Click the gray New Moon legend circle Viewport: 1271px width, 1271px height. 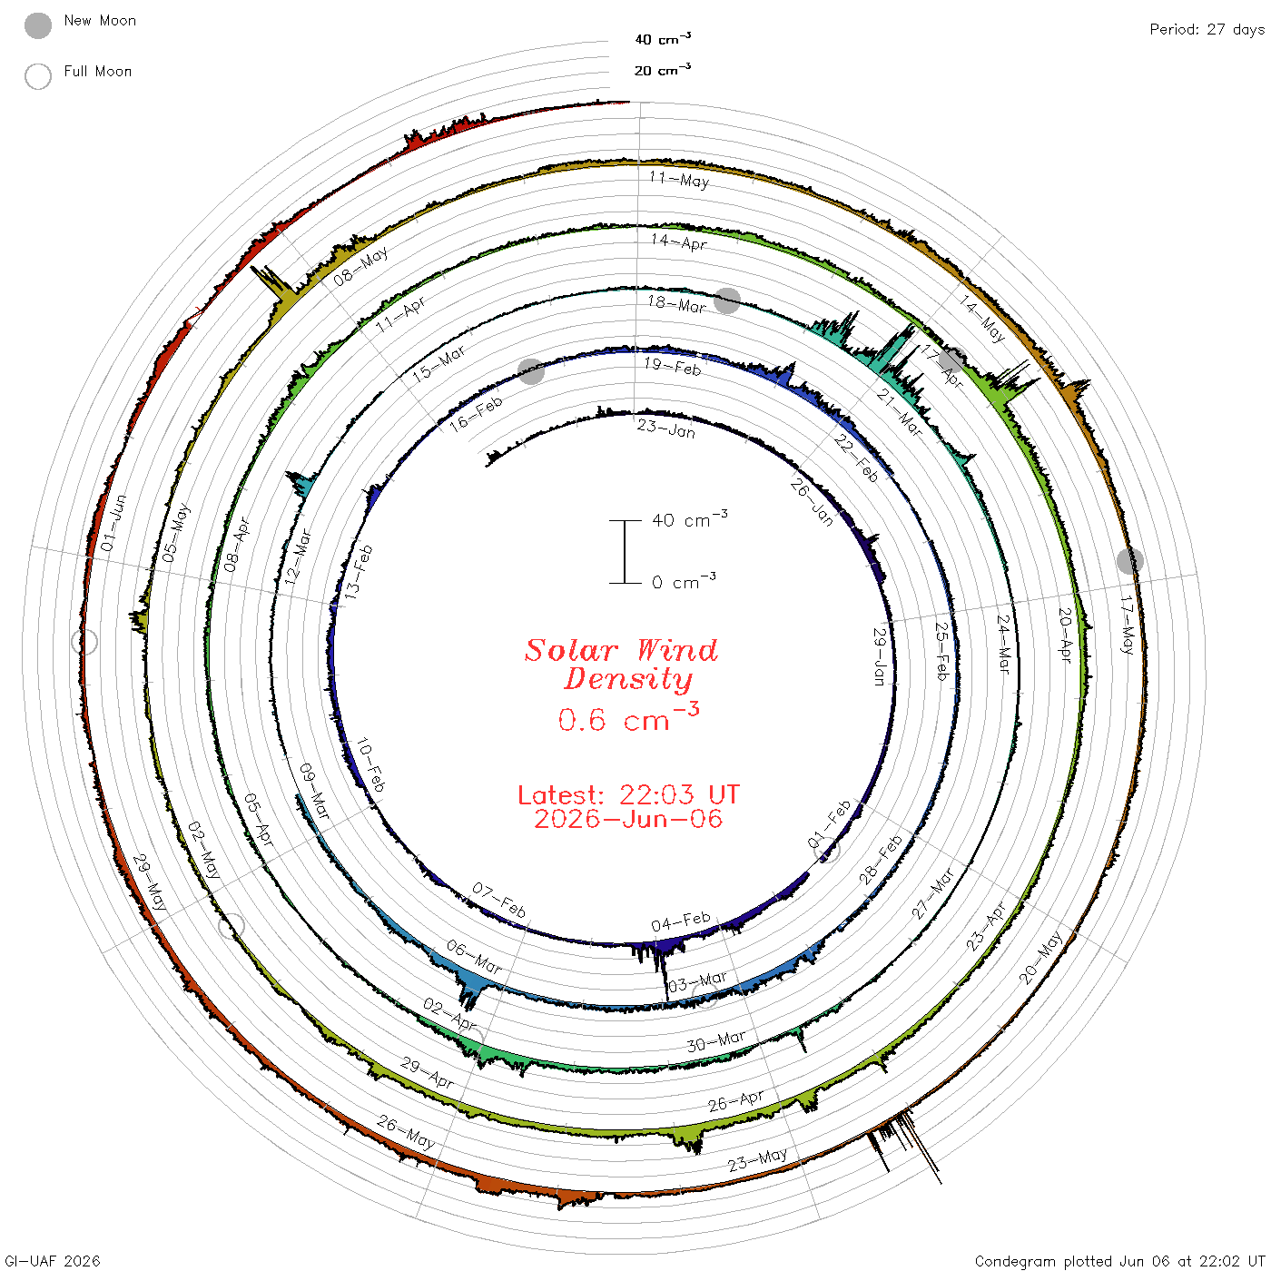click(38, 25)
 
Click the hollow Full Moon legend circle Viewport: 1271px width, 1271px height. click(38, 76)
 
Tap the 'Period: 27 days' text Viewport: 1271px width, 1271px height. click(1207, 30)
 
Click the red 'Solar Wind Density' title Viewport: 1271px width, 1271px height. click(622, 665)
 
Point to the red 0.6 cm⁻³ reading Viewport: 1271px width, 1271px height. click(628, 718)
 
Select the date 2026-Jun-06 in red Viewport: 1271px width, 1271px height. click(628, 819)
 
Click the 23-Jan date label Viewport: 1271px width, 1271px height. click(666, 429)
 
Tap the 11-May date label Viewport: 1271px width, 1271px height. click(679, 180)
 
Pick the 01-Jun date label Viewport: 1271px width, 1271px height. click(113, 523)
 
